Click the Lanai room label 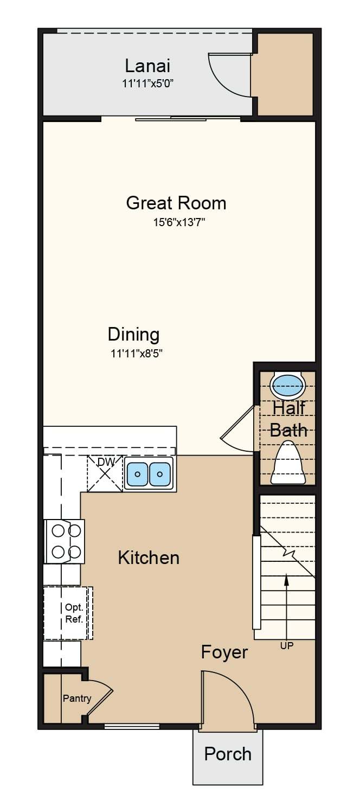(147, 66)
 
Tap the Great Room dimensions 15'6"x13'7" (179, 222)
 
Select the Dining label (134, 335)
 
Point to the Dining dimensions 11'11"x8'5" (137, 354)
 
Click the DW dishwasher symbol (105, 473)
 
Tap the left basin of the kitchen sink (137, 474)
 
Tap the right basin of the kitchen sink (159, 474)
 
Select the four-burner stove (65, 541)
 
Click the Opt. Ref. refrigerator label (74, 613)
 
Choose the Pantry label (77, 698)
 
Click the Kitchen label (149, 558)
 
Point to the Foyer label (224, 652)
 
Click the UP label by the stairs (287, 645)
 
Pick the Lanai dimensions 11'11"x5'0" (148, 84)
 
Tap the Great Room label (176, 203)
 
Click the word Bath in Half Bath (288, 430)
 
